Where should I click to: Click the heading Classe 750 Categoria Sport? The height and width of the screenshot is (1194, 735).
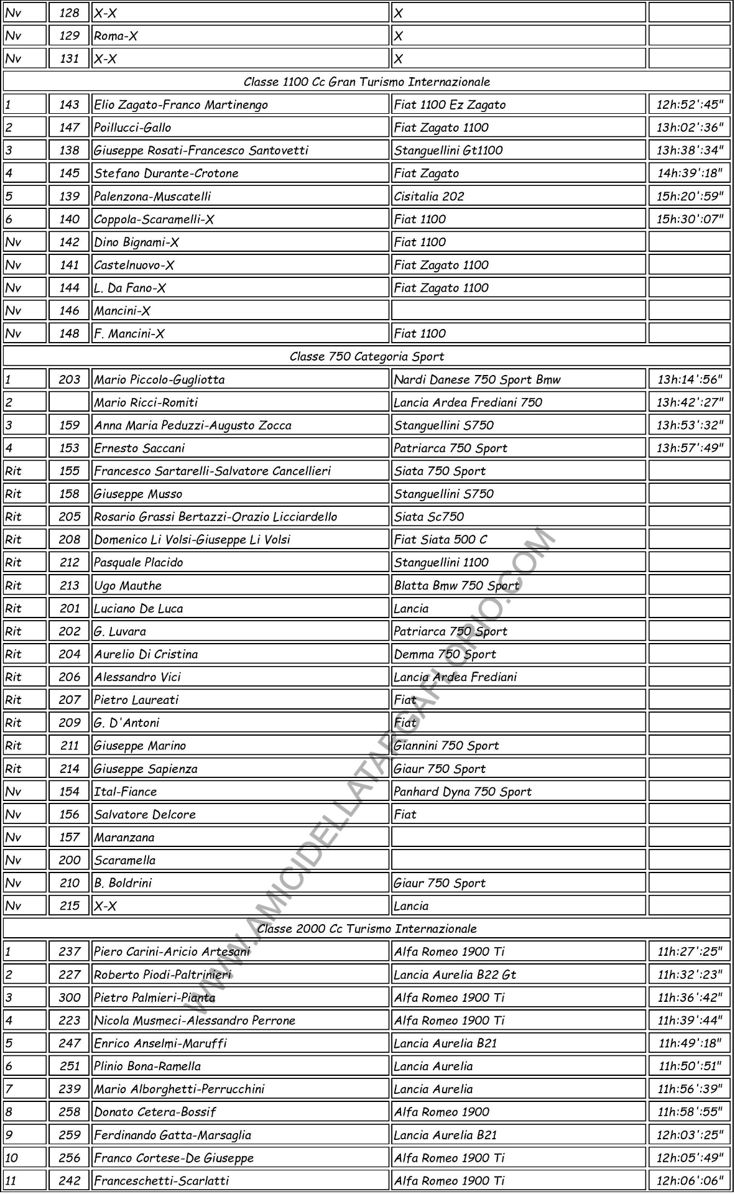(367, 356)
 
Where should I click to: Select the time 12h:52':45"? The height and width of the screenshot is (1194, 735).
(690, 104)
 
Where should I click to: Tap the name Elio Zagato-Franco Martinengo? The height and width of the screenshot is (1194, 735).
(181, 104)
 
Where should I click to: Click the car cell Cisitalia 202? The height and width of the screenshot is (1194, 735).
(429, 196)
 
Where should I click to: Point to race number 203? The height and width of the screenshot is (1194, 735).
(69, 379)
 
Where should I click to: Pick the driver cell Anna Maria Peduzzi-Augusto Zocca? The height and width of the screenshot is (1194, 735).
(193, 425)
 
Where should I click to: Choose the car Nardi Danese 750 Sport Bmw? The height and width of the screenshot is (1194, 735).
(477, 379)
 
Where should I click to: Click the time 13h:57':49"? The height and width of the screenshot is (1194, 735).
(690, 448)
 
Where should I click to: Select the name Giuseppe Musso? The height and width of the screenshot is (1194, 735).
(138, 494)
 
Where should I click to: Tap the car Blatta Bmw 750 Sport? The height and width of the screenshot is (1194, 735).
(456, 585)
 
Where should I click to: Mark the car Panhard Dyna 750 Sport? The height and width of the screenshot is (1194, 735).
(463, 791)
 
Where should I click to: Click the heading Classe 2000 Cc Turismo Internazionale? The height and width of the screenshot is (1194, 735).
(367, 928)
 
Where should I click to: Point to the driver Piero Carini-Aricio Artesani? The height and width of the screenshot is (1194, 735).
(172, 951)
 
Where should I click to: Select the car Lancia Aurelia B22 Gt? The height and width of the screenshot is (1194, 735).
(455, 974)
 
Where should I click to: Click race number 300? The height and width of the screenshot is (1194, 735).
(69, 997)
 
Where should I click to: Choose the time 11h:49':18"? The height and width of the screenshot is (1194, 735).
(690, 1043)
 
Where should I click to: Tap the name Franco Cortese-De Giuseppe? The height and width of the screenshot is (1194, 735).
(174, 1157)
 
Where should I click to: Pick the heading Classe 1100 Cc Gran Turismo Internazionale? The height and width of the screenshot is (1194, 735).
(367, 81)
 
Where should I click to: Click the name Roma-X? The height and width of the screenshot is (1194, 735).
(116, 36)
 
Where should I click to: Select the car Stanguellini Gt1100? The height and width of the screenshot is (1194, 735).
(448, 150)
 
